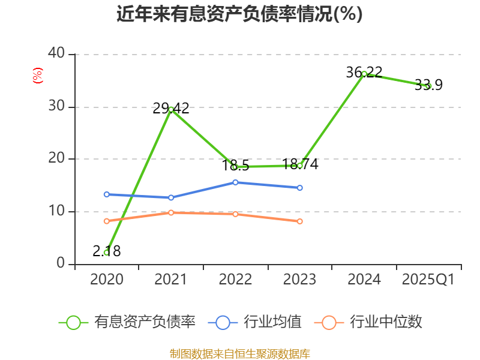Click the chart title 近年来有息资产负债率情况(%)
[x=239, y=14]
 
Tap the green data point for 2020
[x=106, y=253]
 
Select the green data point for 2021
[x=171, y=109]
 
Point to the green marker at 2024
[x=364, y=74]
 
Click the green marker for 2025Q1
[x=428, y=86]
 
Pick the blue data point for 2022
[x=235, y=182]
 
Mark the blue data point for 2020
[x=106, y=194]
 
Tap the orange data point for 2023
[x=300, y=221]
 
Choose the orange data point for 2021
[x=171, y=212]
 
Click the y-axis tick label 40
[x=56, y=54]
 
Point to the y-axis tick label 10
[x=56, y=211]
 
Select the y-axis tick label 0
[x=61, y=263]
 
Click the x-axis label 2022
[x=235, y=280]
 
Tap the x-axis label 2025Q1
[x=428, y=280]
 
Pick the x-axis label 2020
[x=107, y=280]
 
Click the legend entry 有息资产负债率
[x=128, y=322]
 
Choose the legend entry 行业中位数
[x=368, y=322]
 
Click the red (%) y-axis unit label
[x=38, y=76]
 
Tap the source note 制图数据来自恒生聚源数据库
[x=239, y=353]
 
